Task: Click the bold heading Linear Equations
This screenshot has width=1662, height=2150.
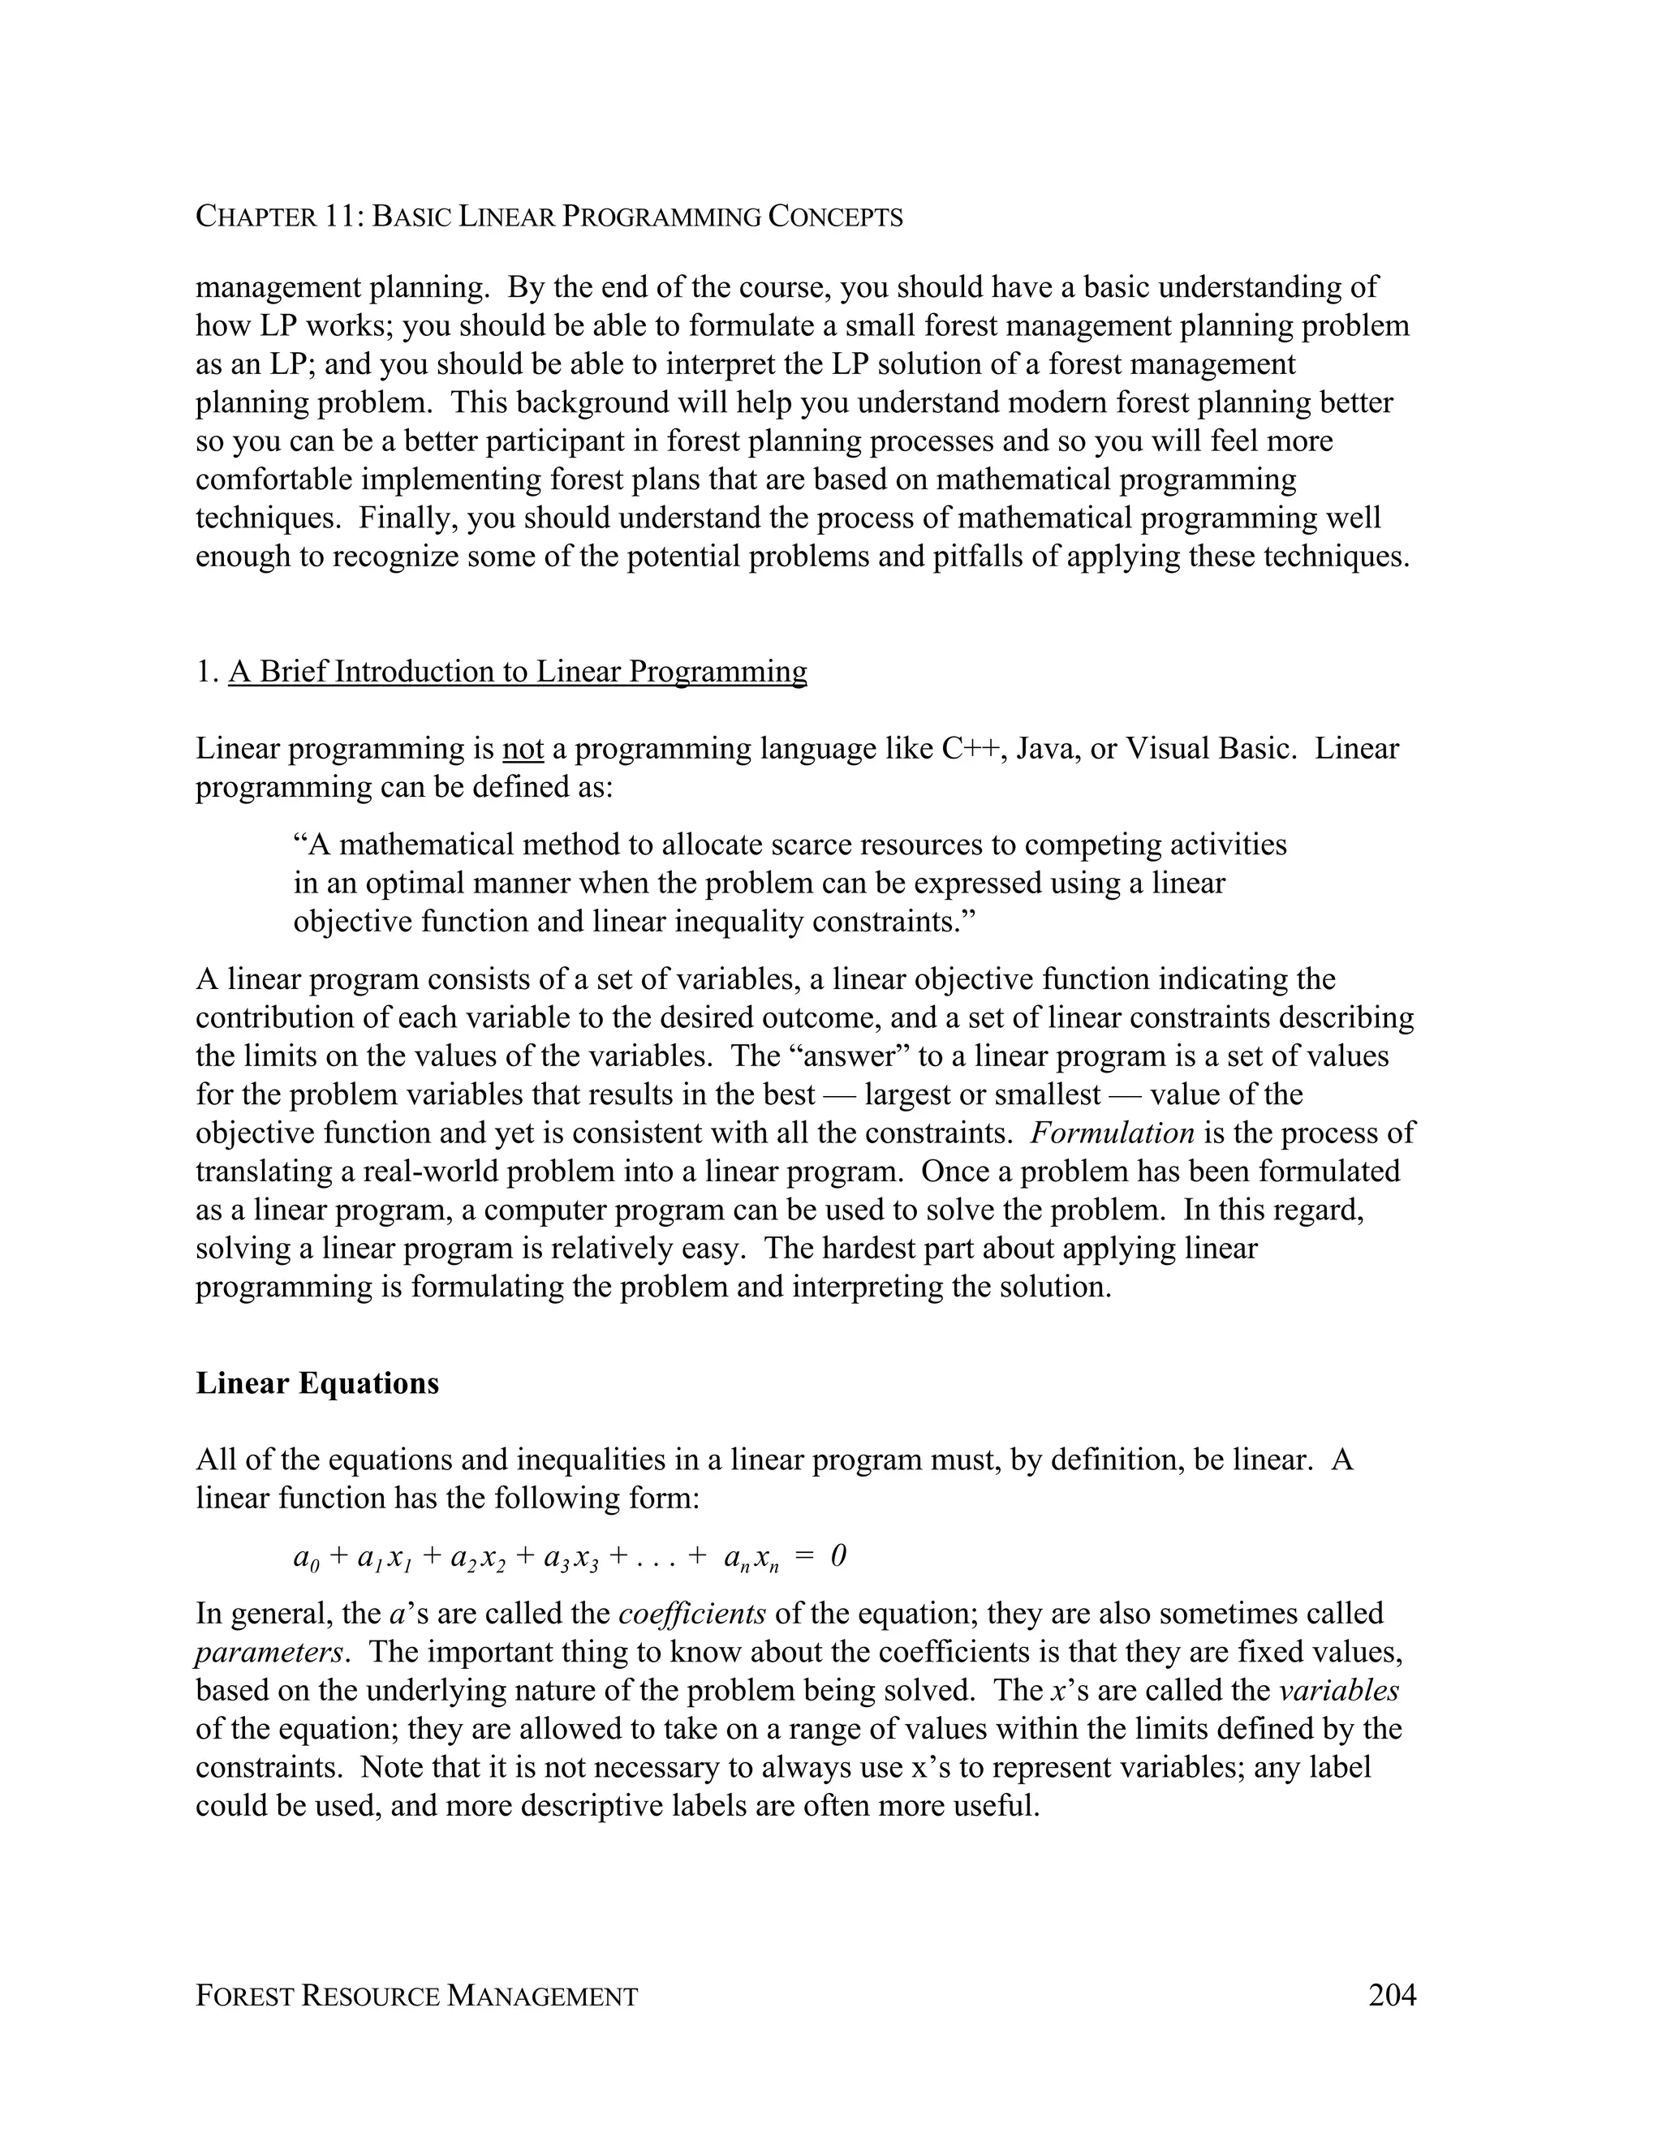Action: pos(317,1383)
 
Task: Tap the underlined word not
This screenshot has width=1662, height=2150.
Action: pos(523,749)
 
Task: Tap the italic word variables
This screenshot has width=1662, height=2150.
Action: pos(1338,1690)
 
